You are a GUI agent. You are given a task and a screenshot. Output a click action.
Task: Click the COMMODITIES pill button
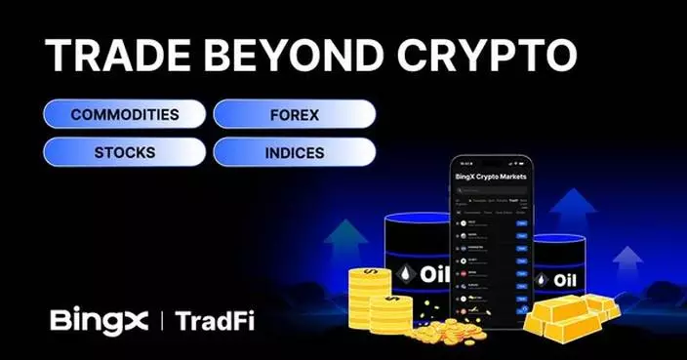point(124,114)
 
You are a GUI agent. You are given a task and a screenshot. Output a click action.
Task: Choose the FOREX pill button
point(294,114)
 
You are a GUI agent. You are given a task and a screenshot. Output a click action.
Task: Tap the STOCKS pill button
point(124,153)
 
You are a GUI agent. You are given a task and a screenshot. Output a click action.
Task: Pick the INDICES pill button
point(294,153)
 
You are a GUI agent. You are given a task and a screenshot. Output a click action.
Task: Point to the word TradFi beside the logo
point(218,320)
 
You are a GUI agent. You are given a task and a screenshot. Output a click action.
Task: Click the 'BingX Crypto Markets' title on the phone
point(491,177)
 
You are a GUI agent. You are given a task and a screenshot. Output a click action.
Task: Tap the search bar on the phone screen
point(491,192)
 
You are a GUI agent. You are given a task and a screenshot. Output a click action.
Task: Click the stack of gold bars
point(571,315)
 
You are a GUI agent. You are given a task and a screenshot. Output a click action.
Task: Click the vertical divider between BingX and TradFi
point(162,320)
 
